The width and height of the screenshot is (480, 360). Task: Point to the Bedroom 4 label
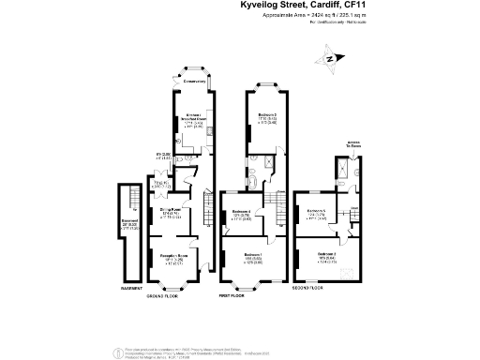(x=241, y=212)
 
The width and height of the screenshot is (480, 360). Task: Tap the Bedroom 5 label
(x=316, y=212)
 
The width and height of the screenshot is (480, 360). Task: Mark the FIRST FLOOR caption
(x=232, y=294)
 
